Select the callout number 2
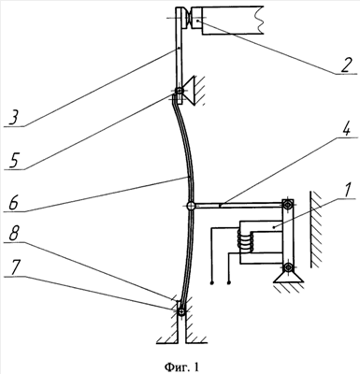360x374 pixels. click(x=346, y=65)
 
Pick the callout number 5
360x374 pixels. click(x=14, y=160)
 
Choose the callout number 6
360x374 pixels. click(x=13, y=202)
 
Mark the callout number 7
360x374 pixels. click(x=15, y=268)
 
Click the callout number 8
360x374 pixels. click(x=15, y=233)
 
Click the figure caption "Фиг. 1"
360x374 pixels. click(x=181, y=367)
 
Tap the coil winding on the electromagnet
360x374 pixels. click(x=245, y=241)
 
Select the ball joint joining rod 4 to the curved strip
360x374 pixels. click(x=191, y=206)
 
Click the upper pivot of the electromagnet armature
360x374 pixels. click(x=287, y=205)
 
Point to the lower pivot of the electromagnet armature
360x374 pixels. click(x=288, y=266)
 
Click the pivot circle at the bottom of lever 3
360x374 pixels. click(x=180, y=91)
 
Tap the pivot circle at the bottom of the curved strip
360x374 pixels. click(x=181, y=312)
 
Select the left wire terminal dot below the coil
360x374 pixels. click(x=212, y=283)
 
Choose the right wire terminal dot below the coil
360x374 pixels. click(x=230, y=283)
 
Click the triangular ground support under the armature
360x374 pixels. click(x=288, y=277)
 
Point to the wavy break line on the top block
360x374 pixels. click(x=259, y=19)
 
